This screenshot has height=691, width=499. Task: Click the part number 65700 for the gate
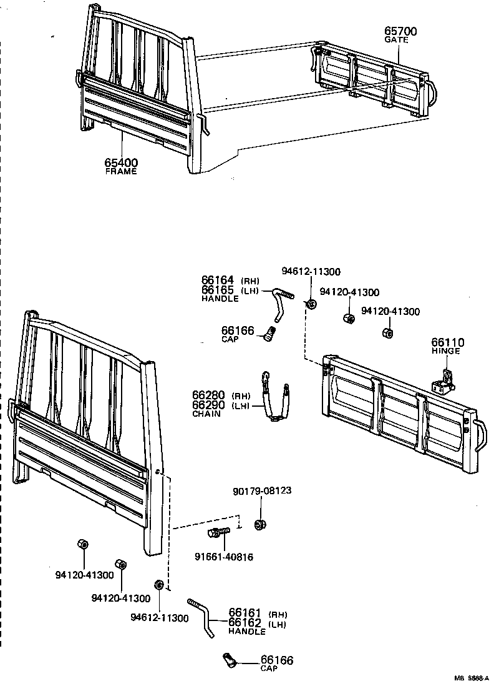tap(400, 31)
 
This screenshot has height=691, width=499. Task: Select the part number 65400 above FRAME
tap(121, 163)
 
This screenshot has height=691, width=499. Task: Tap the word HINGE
tap(445, 351)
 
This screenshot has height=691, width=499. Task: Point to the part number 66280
tap(208, 396)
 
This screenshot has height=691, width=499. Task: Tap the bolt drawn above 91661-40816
tap(217, 533)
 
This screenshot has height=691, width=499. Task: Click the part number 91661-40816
tap(224, 557)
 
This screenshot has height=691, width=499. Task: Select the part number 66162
tap(245, 623)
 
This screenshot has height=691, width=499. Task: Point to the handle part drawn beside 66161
tap(203, 618)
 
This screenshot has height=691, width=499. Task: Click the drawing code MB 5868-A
tap(473, 679)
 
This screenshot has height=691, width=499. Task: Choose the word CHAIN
tap(206, 414)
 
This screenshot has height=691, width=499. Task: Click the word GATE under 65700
tap(396, 40)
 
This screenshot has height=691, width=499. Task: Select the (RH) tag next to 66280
tap(240, 396)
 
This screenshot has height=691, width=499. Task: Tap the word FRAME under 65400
tap(121, 171)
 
